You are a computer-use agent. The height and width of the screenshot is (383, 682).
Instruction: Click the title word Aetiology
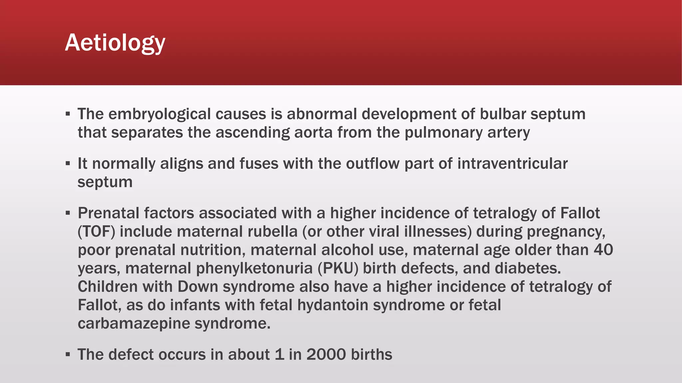click(115, 43)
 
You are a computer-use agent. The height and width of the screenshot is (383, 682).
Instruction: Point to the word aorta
click(313, 133)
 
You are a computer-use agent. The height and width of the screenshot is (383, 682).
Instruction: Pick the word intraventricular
click(512, 164)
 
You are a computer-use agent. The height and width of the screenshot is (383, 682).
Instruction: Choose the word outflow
click(373, 164)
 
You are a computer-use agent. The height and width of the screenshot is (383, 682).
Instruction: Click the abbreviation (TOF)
click(97, 231)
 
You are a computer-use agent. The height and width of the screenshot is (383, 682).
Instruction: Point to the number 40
click(603, 250)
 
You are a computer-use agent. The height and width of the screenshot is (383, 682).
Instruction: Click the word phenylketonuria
click(254, 268)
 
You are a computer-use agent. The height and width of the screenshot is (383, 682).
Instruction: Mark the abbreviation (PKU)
click(338, 268)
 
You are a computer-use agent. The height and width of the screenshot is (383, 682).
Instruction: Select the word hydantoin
click(333, 305)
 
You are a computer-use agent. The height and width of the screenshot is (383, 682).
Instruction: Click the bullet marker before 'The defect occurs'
click(68, 354)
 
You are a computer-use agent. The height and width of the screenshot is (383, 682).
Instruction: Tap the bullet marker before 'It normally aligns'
click(68, 164)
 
